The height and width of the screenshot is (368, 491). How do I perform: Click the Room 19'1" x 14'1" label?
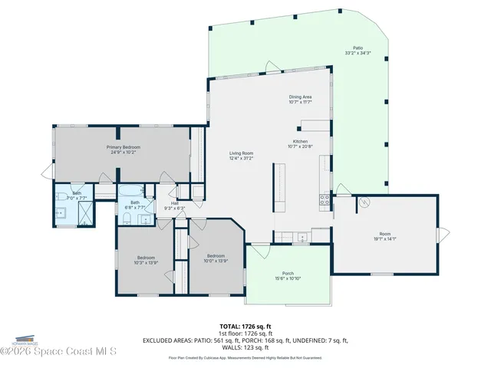tap(384, 236)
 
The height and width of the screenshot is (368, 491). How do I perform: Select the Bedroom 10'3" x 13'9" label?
tap(146, 259)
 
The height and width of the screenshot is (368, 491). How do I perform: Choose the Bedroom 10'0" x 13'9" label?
tap(215, 258)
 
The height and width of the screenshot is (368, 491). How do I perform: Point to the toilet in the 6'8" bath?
tap(126, 221)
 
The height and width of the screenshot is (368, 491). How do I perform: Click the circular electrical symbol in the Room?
tap(365, 202)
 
